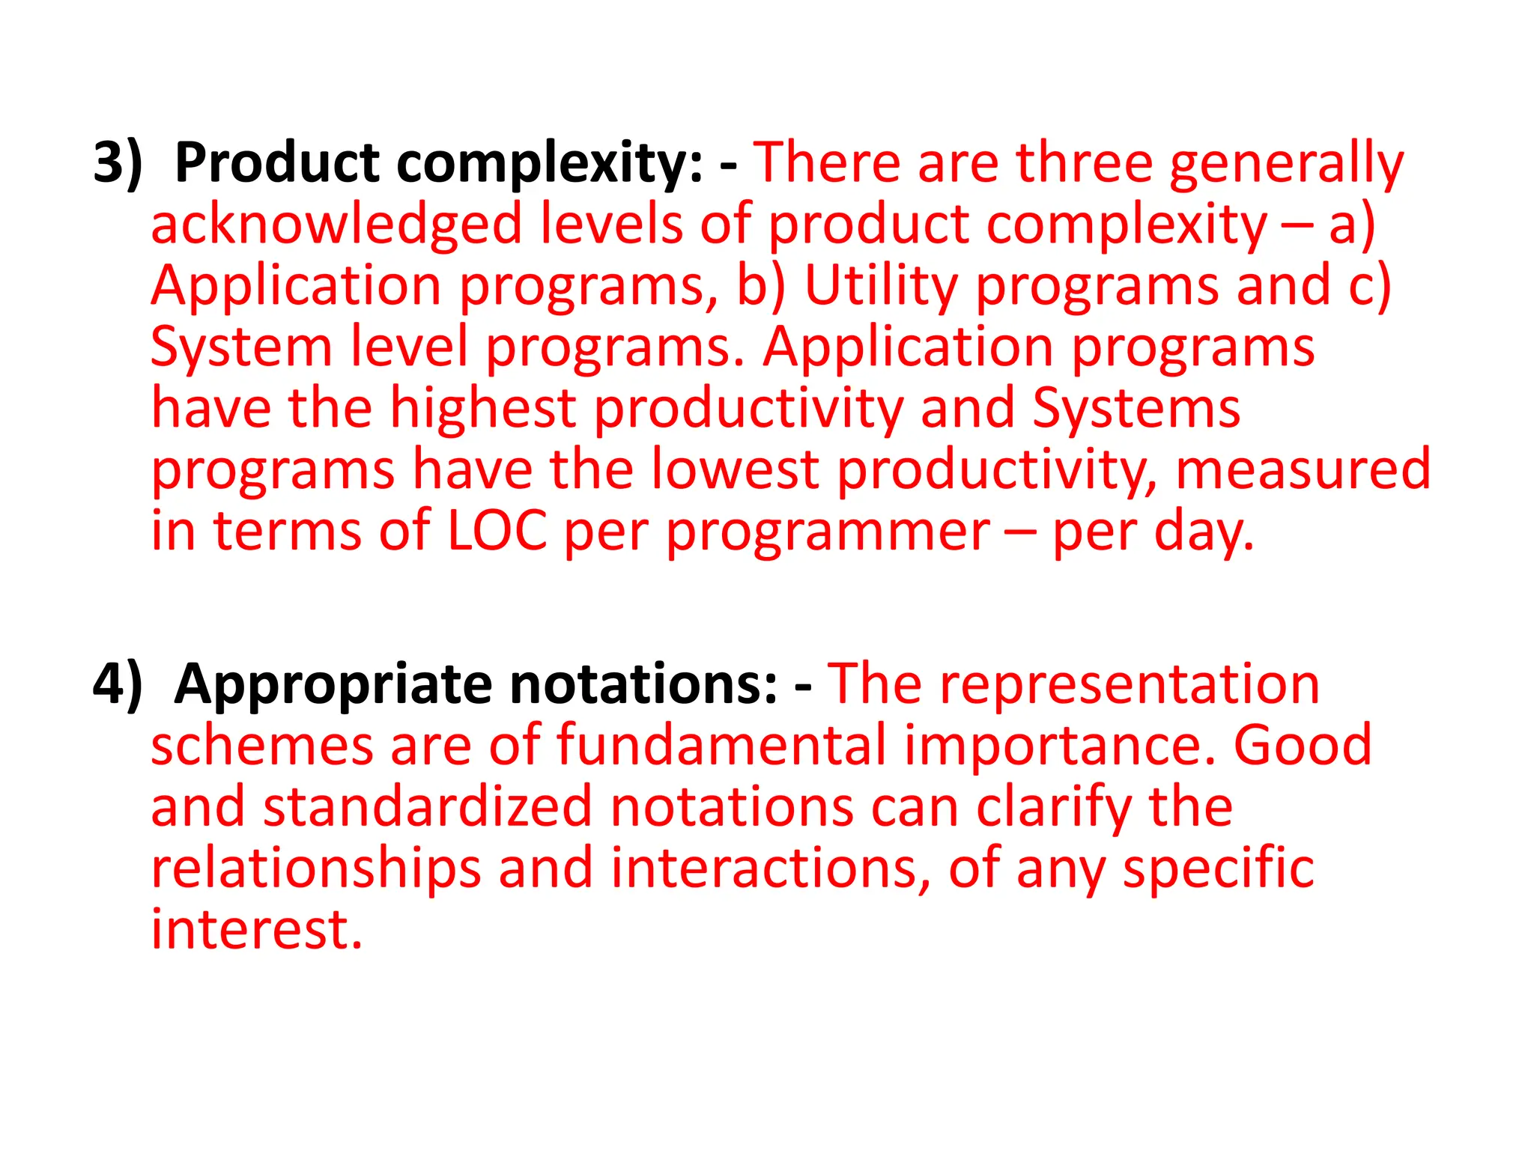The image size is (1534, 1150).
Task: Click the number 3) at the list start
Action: coord(117,162)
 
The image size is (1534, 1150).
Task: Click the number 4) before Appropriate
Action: coord(117,684)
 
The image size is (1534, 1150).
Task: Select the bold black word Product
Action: coord(277,162)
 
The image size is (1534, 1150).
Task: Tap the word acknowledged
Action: coord(336,225)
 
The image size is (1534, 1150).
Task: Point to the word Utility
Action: coord(881,286)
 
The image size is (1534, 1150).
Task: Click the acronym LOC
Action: coord(497,532)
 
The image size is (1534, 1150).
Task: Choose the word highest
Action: coord(482,409)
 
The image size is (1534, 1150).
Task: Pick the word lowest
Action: coord(735,470)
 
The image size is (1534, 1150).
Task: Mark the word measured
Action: coord(1303,470)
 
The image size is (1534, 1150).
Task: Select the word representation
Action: coord(1130,684)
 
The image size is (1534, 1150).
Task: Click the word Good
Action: coord(1303,746)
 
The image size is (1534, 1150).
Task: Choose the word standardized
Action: coord(428,807)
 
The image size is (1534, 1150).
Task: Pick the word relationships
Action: coord(316,868)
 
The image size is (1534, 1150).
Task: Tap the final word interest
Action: coord(256,930)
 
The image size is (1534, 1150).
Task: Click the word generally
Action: coord(1286,164)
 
